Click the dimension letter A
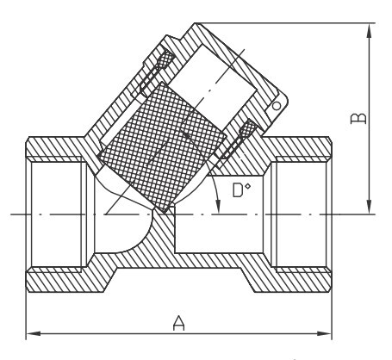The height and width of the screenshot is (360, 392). [x=178, y=323]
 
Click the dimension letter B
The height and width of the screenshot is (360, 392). [x=358, y=118]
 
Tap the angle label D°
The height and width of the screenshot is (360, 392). [x=241, y=189]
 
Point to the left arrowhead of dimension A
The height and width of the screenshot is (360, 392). [x=33, y=333]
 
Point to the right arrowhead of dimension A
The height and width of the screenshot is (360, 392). [x=325, y=333]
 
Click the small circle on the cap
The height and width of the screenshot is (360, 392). [x=277, y=106]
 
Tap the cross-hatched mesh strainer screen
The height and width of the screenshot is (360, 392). [x=162, y=147]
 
